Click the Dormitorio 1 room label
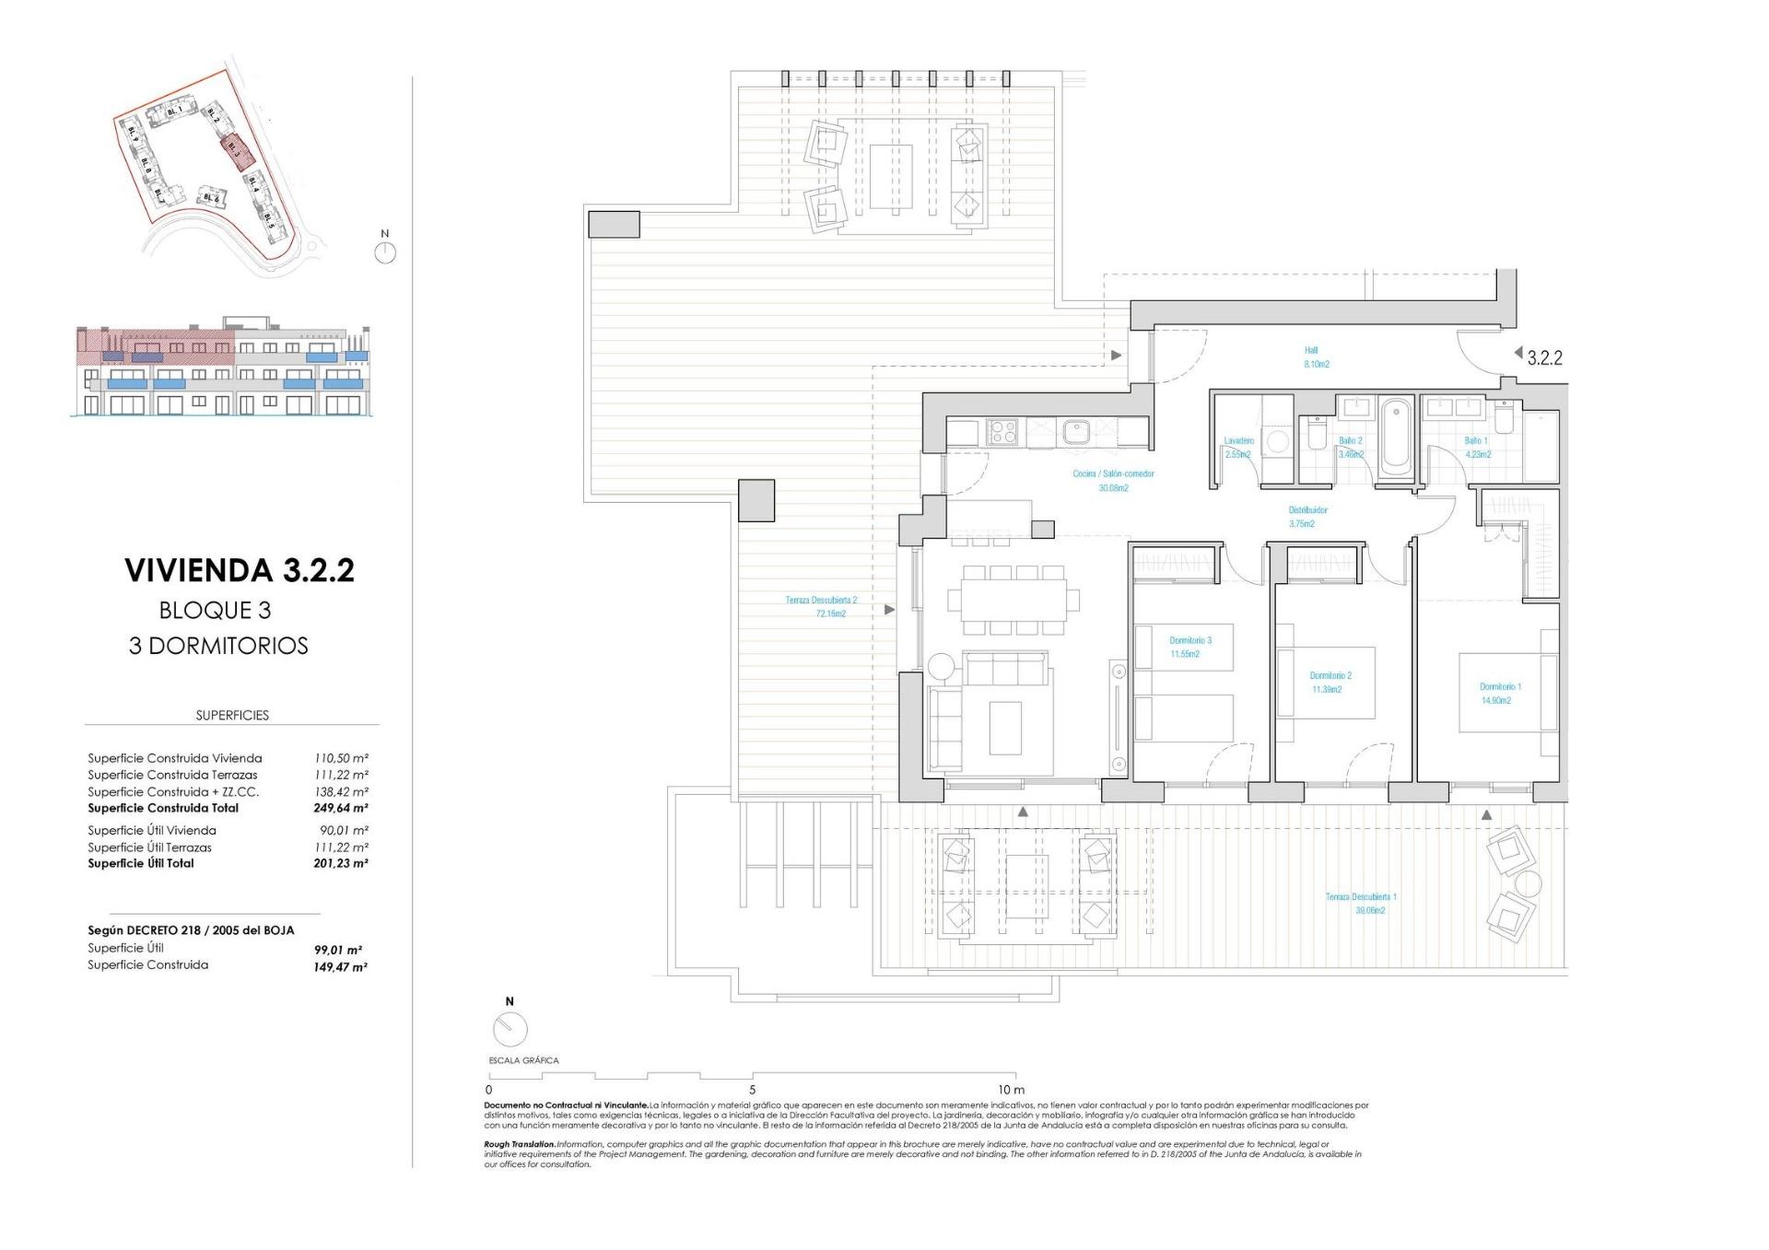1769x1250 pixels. click(1500, 686)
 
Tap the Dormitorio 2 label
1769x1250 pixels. click(1330, 675)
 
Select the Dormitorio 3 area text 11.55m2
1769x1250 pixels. click(1185, 654)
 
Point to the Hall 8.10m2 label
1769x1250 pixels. click(1316, 357)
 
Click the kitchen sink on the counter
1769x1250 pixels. click(1075, 430)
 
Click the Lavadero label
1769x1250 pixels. click(1238, 441)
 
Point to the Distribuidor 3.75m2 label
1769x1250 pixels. click(1306, 517)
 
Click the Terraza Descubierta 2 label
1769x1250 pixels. click(821, 601)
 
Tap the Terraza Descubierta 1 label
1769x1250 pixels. click(1361, 896)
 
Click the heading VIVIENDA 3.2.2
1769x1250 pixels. click(240, 570)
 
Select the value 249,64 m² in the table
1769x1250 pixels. click(340, 809)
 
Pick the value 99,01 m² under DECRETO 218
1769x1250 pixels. click(337, 950)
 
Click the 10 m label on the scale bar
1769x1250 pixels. click(1010, 1090)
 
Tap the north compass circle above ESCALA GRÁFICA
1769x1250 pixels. click(510, 1029)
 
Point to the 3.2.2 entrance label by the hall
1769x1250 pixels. click(1544, 358)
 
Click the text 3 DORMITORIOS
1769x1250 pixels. click(218, 646)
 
